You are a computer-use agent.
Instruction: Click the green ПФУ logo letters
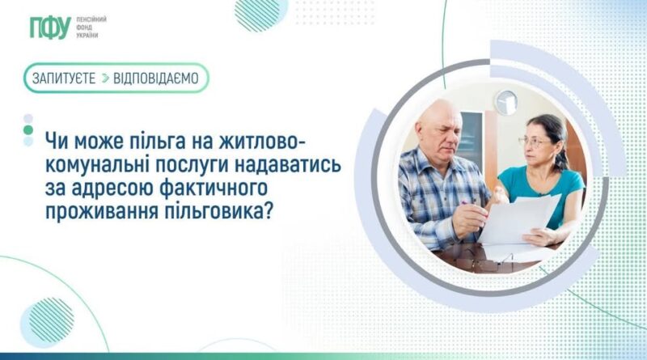click(50, 28)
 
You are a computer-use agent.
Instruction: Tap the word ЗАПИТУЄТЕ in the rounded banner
click(64, 78)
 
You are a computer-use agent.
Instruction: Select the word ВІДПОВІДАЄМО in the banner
click(156, 78)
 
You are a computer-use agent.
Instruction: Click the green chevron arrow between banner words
click(105, 78)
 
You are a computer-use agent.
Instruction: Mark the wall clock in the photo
click(506, 103)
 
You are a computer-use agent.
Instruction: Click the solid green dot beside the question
click(28, 130)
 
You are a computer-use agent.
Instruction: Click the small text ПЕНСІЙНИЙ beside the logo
click(91, 19)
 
